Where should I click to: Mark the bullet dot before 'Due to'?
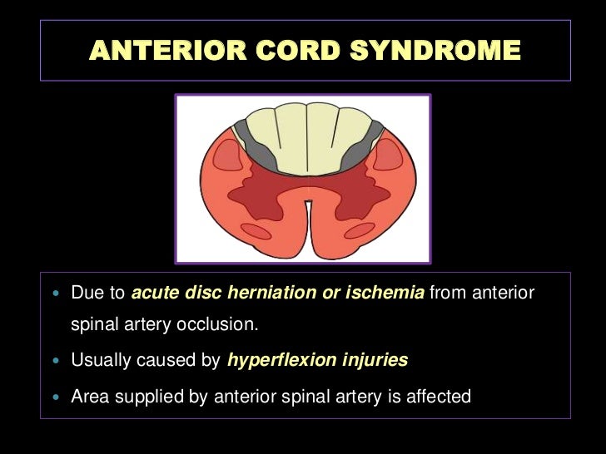click(56, 294)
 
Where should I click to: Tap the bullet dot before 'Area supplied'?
click(56, 397)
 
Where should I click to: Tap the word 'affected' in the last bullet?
click(439, 397)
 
